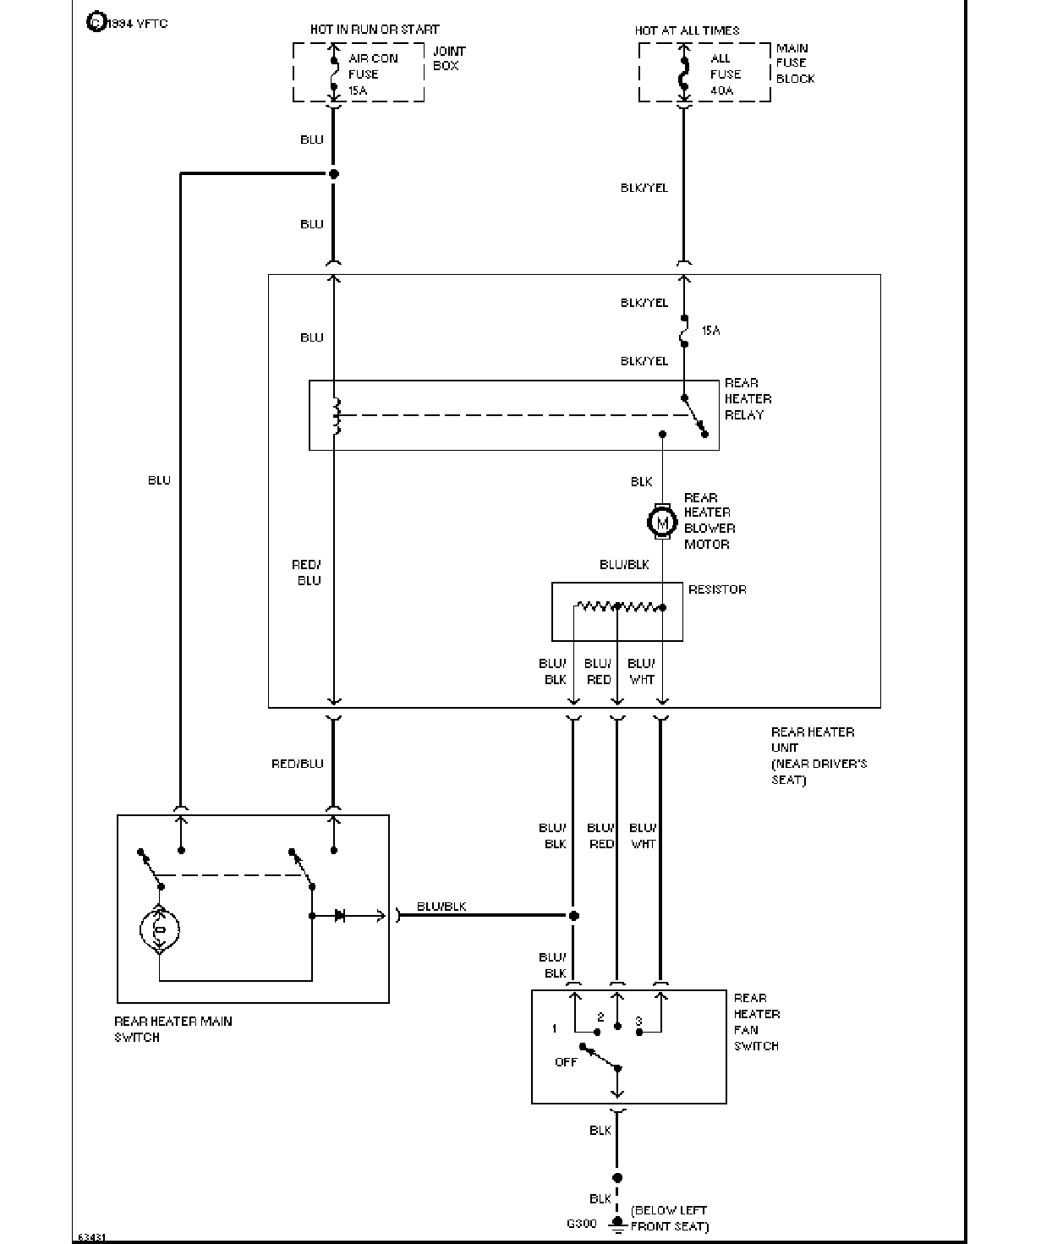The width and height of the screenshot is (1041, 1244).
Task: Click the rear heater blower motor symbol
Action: tap(662, 523)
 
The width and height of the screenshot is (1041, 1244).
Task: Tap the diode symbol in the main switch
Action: tap(340, 915)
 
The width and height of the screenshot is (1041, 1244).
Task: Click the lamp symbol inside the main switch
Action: tap(159, 929)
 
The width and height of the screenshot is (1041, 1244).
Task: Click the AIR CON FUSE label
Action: tap(373, 66)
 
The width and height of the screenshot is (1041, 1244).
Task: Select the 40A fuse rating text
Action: tap(721, 90)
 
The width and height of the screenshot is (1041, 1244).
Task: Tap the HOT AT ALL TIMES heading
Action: tap(687, 30)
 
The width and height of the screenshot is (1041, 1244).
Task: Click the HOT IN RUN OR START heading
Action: tap(375, 30)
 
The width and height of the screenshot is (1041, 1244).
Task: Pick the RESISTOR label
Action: tap(717, 589)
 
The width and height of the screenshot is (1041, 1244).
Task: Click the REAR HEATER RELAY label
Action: tap(748, 398)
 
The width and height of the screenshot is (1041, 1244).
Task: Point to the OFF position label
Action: tap(566, 1061)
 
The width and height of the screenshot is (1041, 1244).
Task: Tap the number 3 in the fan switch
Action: tap(638, 1022)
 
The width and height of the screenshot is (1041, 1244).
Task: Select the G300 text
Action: tap(581, 1223)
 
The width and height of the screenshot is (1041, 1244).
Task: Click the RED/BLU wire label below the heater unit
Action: tap(298, 763)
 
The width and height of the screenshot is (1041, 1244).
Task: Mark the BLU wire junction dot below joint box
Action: tap(334, 174)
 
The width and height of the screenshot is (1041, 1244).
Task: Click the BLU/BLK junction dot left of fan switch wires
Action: tap(574, 916)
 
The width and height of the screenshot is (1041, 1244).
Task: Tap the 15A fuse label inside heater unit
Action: tap(711, 330)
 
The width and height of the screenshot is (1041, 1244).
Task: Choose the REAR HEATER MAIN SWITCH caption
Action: tap(173, 1029)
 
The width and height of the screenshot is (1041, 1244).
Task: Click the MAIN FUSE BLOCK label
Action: tap(795, 63)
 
